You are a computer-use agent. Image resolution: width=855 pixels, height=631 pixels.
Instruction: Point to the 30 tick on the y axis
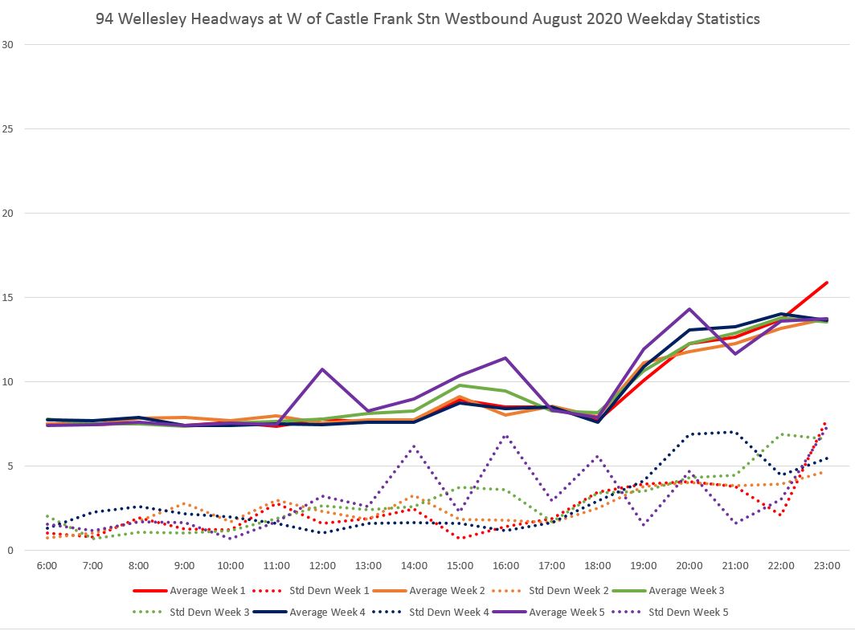8,45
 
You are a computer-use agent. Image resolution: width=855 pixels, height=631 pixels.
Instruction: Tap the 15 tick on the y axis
8,298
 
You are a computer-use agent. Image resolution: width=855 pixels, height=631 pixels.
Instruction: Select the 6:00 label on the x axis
47,565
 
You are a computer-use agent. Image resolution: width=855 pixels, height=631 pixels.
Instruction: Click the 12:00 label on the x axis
322,565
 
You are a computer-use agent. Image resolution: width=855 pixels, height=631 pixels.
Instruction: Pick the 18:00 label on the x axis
598,565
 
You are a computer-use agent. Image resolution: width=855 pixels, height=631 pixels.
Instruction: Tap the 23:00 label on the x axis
827,565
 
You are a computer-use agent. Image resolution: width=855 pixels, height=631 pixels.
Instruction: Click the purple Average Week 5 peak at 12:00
322,369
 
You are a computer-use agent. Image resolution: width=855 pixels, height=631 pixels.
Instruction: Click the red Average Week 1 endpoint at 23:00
827,283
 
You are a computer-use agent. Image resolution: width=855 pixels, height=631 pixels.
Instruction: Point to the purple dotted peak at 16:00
505,436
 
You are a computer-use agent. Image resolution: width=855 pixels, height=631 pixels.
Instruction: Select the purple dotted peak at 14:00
414,446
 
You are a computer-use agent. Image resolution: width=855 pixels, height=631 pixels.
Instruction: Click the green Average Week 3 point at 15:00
460,385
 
